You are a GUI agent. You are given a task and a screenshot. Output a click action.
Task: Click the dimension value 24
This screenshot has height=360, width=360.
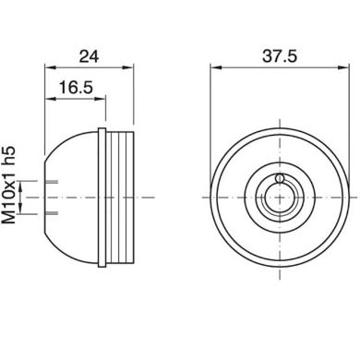pos(89,55)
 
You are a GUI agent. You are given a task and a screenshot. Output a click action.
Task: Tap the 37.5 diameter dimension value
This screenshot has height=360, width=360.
pos(279,55)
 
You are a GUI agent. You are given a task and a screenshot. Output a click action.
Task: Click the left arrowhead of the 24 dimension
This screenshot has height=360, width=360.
pos(49,66)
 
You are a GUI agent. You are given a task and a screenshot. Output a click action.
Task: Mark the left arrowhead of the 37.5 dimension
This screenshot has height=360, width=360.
pos(214,66)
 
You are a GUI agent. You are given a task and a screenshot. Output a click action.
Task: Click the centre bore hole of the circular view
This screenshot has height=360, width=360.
pos(279,197)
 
